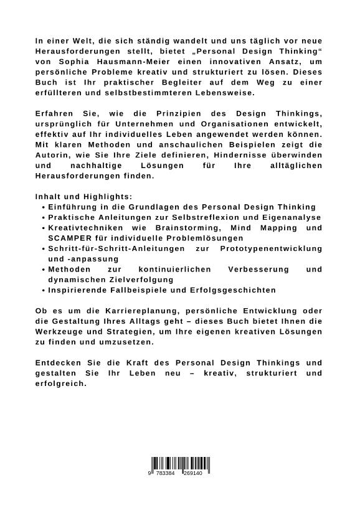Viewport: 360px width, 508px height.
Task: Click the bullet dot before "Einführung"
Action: (x=42, y=207)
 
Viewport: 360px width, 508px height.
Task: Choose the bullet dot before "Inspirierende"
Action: (x=42, y=290)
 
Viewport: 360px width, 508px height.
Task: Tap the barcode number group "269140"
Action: (x=192, y=474)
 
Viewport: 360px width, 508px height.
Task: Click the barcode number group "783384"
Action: (x=166, y=474)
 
